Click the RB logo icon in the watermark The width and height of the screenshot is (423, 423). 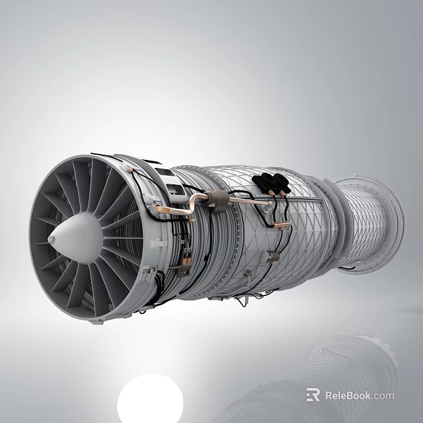313,395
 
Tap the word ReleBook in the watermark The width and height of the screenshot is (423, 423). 348,396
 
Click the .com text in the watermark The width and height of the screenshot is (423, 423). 383,396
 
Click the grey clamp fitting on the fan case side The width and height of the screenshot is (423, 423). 157,243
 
